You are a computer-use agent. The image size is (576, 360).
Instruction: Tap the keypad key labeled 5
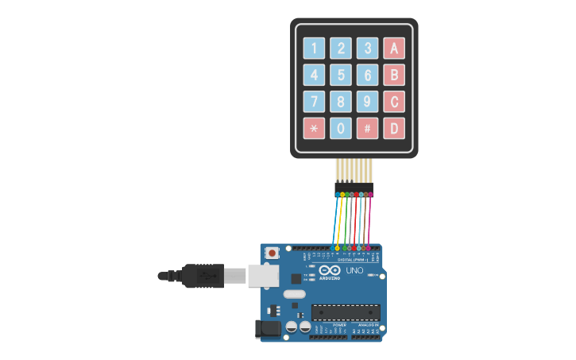click(341, 75)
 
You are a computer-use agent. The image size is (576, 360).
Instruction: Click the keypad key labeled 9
click(367, 102)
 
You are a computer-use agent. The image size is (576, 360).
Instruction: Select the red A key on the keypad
click(393, 48)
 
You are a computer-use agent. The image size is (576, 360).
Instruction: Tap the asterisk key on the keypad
click(314, 128)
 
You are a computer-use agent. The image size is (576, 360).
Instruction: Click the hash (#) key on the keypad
click(367, 128)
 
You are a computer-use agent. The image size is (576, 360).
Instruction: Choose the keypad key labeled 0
click(341, 128)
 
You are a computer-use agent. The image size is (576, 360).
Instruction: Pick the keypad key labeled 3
click(367, 48)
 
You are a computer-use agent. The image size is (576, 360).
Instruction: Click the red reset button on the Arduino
click(273, 253)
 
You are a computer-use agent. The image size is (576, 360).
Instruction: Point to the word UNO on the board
click(354, 271)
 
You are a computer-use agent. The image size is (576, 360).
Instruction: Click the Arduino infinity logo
click(330, 270)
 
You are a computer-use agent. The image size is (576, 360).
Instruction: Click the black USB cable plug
click(203, 276)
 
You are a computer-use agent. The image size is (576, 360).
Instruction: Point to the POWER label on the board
click(339, 325)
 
